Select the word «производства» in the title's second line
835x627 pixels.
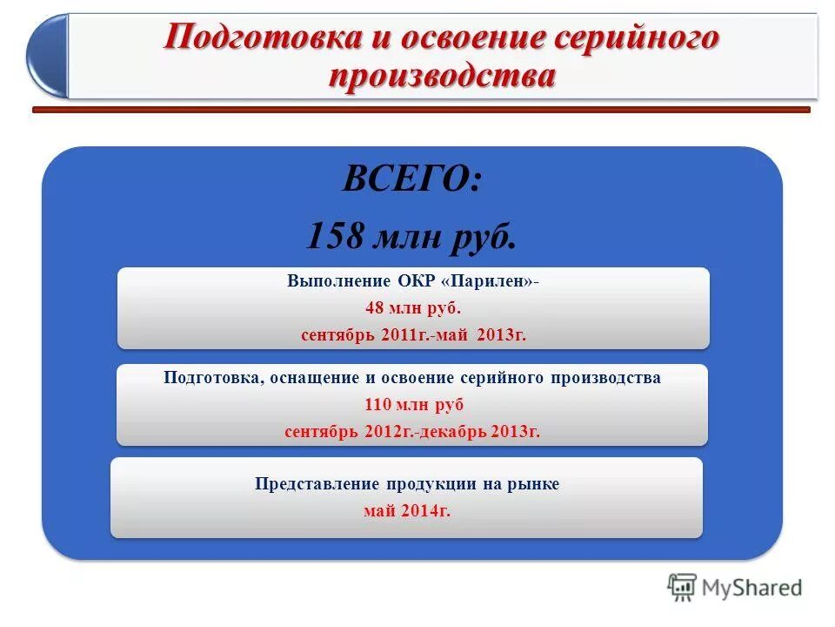coord(442,76)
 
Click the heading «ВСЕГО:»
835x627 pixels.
coord(411,180)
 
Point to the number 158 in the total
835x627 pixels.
coord(335,235)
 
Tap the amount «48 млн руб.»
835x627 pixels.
coord(413,308)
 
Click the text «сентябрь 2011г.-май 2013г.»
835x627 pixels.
coord(413,334)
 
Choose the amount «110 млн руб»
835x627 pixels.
coord(413,404)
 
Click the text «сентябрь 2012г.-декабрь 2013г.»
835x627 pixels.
coord(412,432)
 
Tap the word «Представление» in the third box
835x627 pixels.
coord(304,484)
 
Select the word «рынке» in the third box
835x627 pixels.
coord(535,484)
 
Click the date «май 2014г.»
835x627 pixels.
coord(406,510)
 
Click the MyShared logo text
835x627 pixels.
coord(751,588)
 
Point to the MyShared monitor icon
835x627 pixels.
coord(682,587)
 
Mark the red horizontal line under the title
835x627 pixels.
coord(421,110)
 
